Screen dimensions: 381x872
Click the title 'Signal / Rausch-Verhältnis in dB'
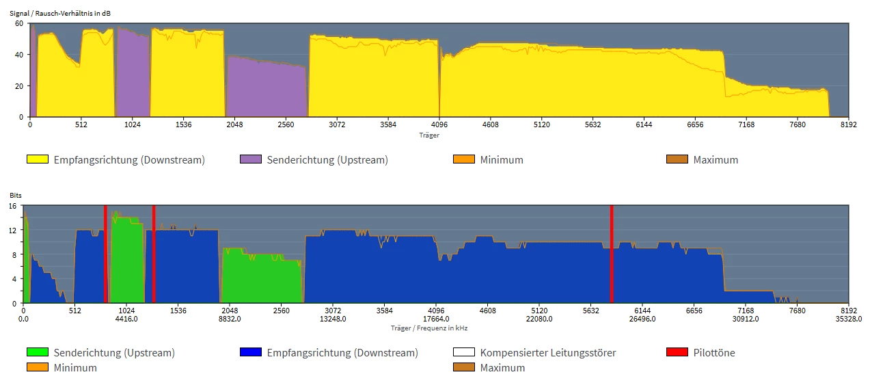[x=59, y=13]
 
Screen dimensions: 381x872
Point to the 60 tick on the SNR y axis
[x=19, y=23]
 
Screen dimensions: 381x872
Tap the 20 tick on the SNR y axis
[x=19, y=86]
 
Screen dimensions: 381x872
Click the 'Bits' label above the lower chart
[x=15, y=196]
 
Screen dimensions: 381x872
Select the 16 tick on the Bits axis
[x=13, y=206]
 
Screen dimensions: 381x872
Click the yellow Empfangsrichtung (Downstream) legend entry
[x=115, y=160]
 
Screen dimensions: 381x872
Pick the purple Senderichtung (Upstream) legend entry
[x=314, y=160]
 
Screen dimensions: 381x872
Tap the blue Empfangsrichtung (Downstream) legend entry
[x=329, y=353]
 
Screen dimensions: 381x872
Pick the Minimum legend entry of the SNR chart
[x=488, y=160]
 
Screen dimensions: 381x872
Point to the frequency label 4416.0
[x=126, y=318]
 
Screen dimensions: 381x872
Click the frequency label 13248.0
[x=333, y=318]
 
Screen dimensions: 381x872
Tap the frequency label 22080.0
[x=539, y=318]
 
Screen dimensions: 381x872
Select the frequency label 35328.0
[x=848, y=318]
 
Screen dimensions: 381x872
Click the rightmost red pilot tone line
[x=612, y=254]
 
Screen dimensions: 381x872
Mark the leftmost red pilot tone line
[x=105, y=254]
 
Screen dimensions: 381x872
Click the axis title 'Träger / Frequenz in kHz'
[x=429, y=328]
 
